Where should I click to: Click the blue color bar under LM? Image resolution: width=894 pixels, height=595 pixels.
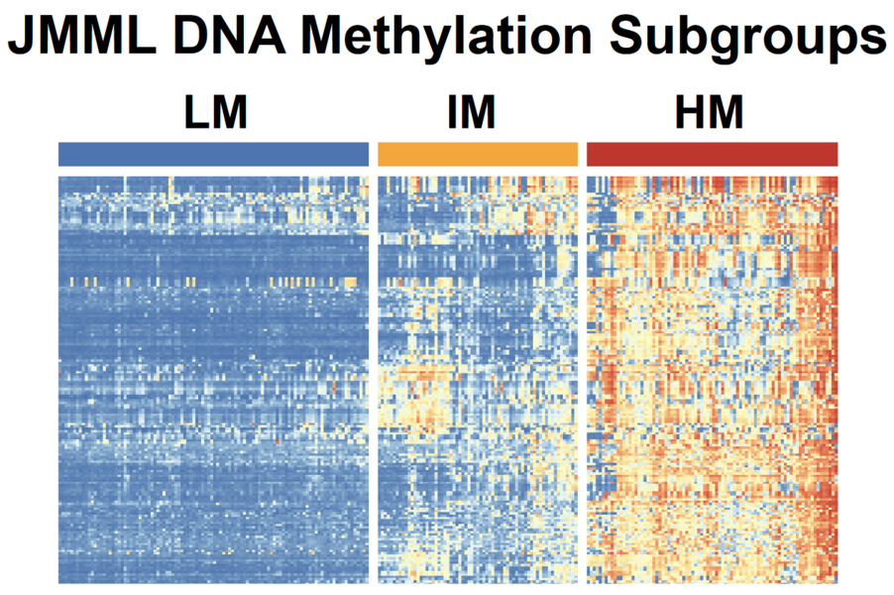click(x=213, y=154)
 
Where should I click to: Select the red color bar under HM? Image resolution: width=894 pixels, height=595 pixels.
click(x=713, y=154)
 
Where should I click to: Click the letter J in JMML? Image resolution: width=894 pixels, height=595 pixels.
click(x=22, y=38)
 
